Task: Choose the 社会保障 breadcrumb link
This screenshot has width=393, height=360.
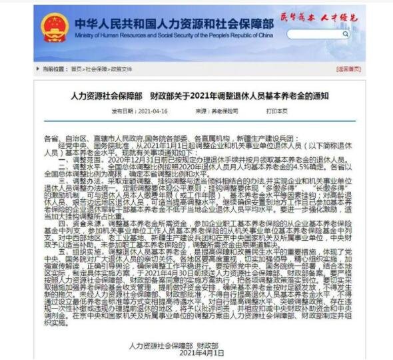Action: click(x=94, y=69)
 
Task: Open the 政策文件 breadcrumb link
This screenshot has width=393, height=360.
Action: click(x=121, y=69)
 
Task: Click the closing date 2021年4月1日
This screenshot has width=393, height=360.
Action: click(x=202, y=353)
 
